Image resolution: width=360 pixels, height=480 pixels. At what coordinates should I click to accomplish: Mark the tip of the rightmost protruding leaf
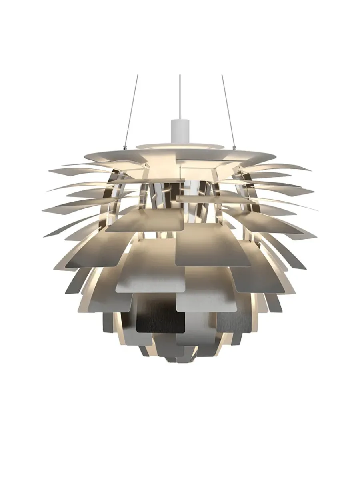(318, 209)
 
